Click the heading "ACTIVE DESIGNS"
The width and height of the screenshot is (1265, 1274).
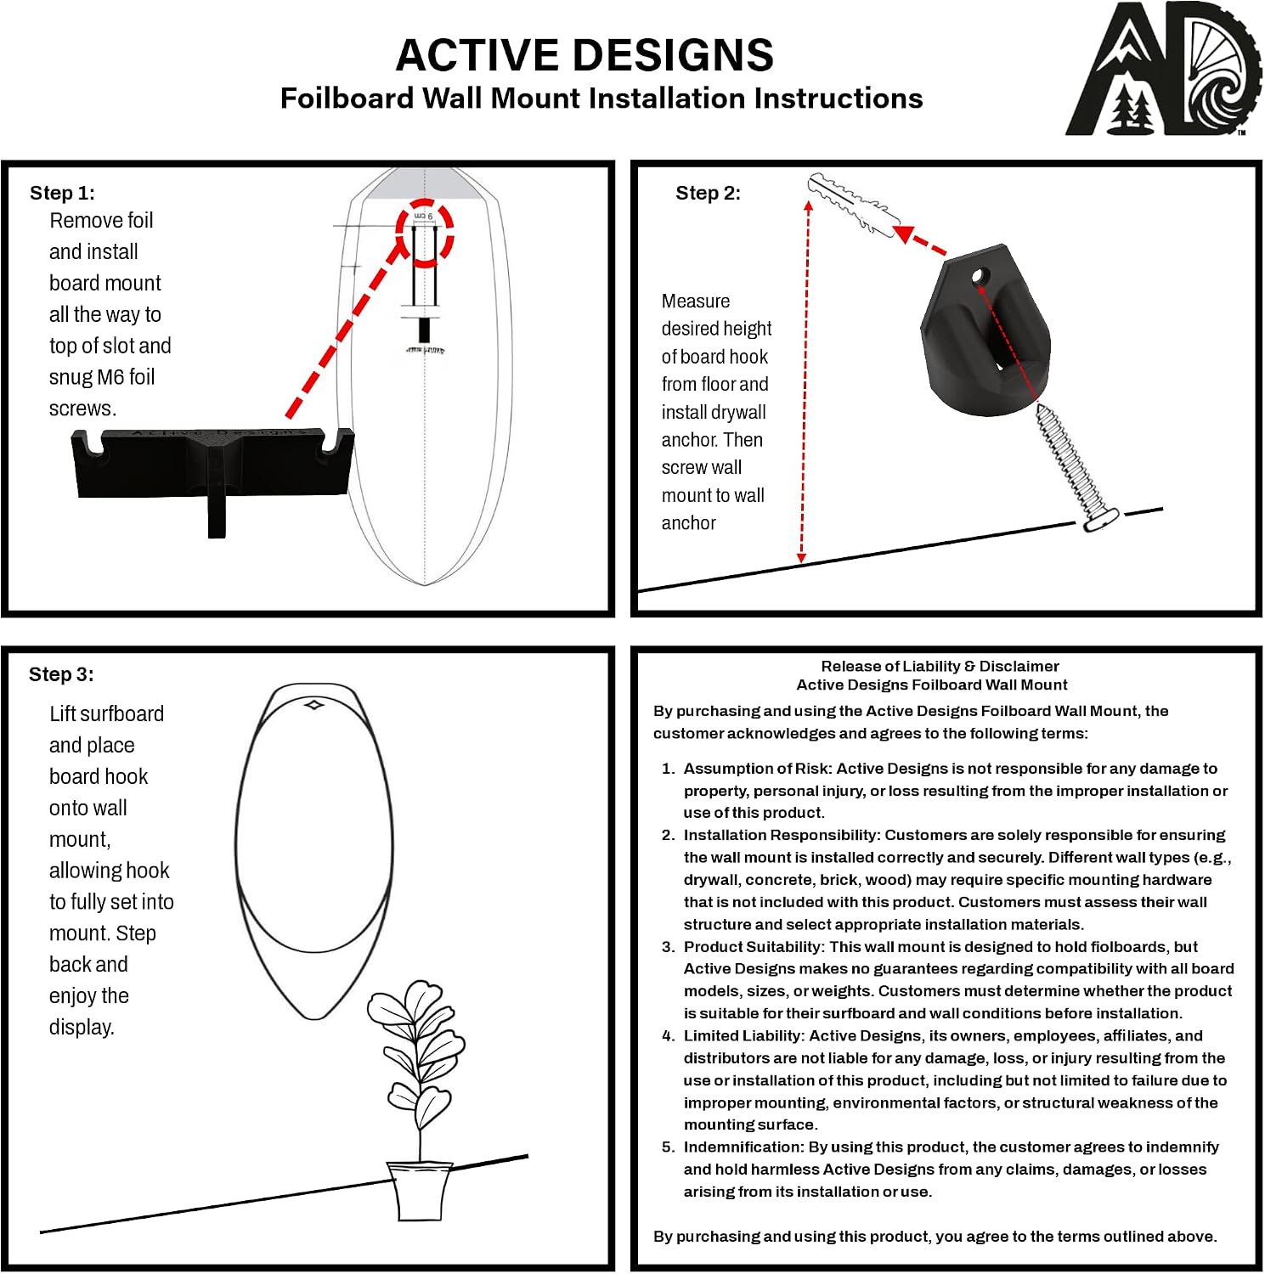584,55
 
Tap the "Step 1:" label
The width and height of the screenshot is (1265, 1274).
62,193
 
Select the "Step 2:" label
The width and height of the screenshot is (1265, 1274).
708,193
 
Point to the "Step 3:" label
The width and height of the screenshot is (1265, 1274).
61,674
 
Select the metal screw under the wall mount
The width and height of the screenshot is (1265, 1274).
1075,467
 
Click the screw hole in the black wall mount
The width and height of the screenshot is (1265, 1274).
980,276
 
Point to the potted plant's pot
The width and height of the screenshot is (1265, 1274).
419,1191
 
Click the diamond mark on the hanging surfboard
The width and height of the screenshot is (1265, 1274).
314,704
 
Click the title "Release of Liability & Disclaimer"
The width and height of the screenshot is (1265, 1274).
940,667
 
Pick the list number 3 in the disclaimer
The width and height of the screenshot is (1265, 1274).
668,947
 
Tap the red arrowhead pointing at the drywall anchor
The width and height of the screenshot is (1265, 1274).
904,234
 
